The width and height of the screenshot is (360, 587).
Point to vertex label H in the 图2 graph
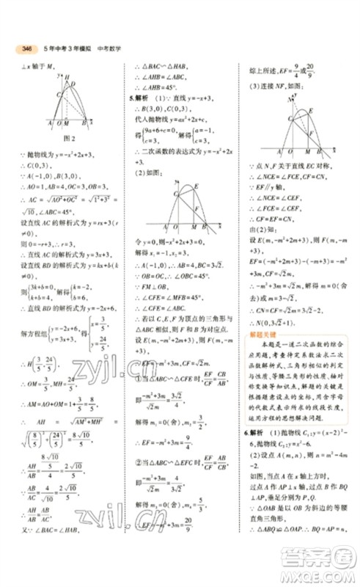[67, 78]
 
